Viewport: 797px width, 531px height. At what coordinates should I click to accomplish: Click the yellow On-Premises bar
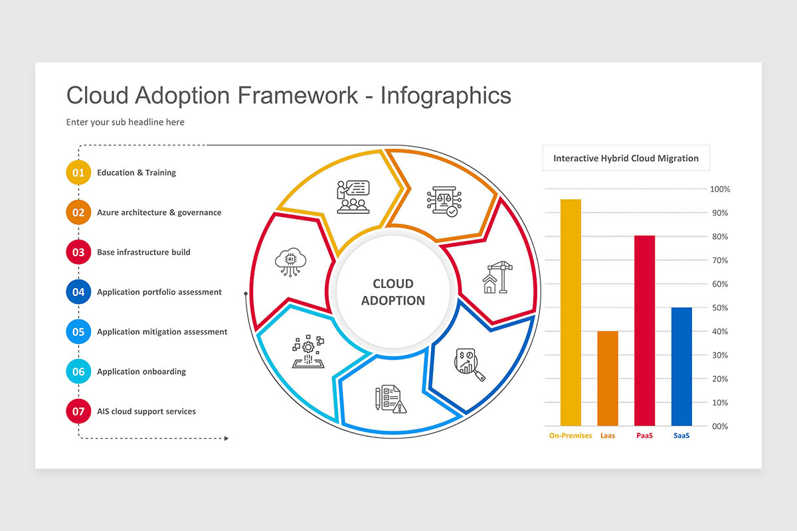[x=571, y=312]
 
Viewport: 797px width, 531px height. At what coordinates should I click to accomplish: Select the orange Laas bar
[x=608, y=378]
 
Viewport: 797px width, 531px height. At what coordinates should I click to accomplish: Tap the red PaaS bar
[x=644, y=330]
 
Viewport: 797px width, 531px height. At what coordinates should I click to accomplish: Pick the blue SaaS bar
[x=681, y=366]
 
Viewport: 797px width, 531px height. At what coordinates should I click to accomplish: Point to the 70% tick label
[x=720, y=260]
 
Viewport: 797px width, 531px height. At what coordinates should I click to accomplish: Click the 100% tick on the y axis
[x=720, y=189]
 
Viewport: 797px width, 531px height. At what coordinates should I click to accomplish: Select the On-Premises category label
[x=571, y=436]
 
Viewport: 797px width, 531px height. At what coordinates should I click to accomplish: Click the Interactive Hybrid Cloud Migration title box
[x=626, y=159]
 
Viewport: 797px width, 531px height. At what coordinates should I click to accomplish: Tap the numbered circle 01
[x=78, y=173]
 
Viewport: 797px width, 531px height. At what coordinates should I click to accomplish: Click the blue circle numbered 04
[x=78, y=292]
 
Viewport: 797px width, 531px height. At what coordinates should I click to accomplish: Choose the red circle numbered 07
[x=78, y=412]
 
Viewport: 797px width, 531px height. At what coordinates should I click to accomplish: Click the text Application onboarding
[x=141, y=372]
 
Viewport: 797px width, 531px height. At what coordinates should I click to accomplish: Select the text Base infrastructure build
[x=143, y=252]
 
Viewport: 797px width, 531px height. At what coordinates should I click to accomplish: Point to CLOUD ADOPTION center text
[x=393, y=292]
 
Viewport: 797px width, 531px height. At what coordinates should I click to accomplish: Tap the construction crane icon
[x=495, y=278]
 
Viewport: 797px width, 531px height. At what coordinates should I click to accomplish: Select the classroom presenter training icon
[x=353, y=196]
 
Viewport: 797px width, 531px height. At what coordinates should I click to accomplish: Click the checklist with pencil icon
[x=390, y=399]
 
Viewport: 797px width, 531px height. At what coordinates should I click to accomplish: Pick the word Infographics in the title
[x=446, y=95]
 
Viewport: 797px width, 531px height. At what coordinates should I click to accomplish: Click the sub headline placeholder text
[x=125, y=122]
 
